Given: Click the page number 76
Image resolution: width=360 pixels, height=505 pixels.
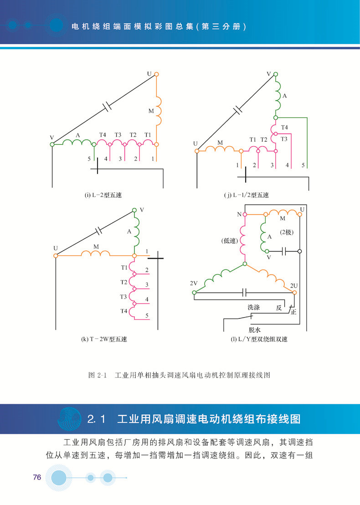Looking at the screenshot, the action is [x=37, y=477].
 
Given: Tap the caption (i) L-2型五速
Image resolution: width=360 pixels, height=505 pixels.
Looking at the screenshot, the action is [x=103, y=195].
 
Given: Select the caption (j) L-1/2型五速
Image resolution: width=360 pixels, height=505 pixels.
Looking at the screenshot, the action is [x=247, y=195].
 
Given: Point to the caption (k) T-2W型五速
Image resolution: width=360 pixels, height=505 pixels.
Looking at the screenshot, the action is [x=104, y=339].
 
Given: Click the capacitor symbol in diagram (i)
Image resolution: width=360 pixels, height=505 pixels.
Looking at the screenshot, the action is [x=107, y=106].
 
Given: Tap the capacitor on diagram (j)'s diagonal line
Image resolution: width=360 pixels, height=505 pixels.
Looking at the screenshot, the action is [x=238, y=110].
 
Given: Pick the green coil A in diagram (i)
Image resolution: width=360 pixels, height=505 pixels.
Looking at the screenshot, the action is [x=77, y=142].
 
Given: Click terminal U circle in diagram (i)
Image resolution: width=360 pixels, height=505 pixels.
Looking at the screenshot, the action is [x=156, y=74].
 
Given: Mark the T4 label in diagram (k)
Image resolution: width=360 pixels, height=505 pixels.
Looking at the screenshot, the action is [x=124, y=311].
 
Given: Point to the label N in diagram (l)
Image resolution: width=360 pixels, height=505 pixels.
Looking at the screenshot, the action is [x=239, y=215].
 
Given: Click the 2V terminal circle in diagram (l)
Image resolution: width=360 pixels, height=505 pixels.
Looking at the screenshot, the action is [x=194, y=293].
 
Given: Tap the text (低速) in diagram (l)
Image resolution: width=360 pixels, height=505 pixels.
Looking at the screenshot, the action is [x=230, y=241].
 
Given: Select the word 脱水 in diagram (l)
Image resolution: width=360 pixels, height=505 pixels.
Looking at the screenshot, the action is [x=255, y=330].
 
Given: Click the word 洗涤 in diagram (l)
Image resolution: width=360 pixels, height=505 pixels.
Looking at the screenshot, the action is [x=254, y=308].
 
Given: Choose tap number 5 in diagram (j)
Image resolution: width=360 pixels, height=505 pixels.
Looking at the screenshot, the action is [x=303, y=165].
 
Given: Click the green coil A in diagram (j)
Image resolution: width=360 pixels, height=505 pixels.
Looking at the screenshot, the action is [x=278, y=96].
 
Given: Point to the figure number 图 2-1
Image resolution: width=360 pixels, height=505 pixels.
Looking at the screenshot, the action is [x=97, y=375].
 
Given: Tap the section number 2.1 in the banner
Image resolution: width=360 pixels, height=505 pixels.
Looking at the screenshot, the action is [x=96, y=419].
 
